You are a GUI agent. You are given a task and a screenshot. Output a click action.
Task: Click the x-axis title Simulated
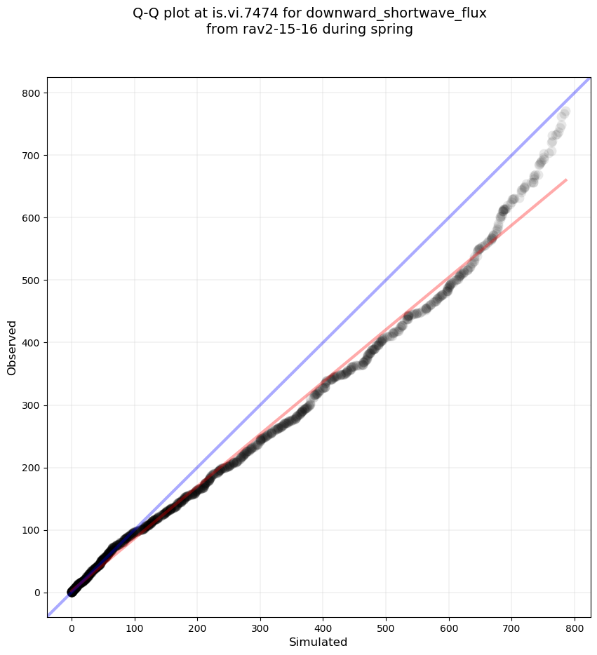click(319, 642)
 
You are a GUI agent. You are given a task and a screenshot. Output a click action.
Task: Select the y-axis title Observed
click(12, 347)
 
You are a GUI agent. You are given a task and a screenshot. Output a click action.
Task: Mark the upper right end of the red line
click(566, 180)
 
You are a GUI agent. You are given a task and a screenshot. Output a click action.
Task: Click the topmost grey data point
click(565, 112)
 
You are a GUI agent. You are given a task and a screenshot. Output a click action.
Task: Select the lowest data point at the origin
click(72, 593)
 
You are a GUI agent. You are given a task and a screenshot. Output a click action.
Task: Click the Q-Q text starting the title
click(149, 13)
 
